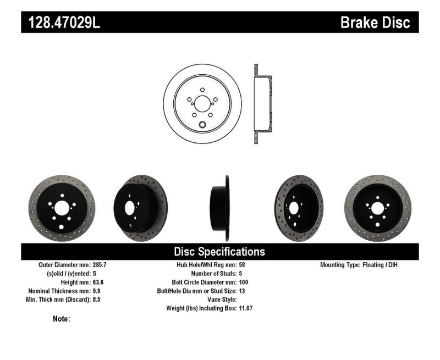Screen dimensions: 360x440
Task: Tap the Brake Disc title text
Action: coord(375,23)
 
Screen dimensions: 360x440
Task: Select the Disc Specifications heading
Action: coord(219,252)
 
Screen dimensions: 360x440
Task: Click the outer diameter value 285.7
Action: coord(101,265)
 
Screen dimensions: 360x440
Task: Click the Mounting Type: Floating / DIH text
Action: coord(359,265)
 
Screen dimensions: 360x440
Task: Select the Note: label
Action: coord(61,319)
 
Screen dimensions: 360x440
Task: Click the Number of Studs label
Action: coord(214,273)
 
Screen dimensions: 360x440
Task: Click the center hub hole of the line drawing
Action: coord(202,103)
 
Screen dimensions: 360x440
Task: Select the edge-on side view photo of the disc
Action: coord(219,208)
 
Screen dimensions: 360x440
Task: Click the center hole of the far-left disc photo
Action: coord(62,208)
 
